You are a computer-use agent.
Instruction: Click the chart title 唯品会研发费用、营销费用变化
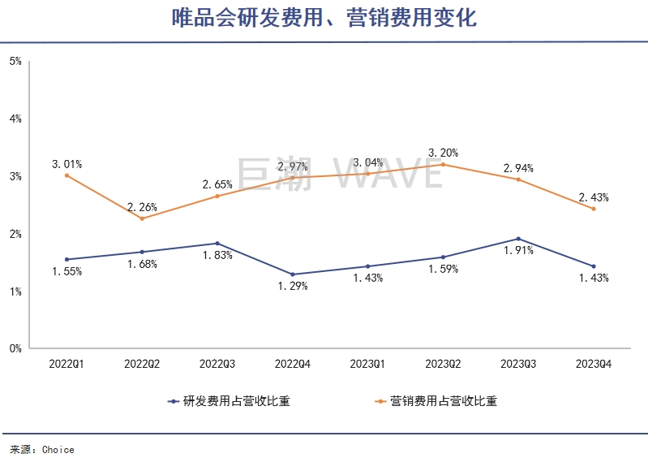(324, 19)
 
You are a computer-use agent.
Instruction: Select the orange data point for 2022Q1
(67, 175)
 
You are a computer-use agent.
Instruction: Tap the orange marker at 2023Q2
(443, 164)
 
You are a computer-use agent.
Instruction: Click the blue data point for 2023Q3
(518, 239)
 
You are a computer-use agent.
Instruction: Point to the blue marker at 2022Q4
(292, 274)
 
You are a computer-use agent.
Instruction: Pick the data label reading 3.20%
(444, 153)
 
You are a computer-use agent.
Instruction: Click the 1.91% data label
(518, 251)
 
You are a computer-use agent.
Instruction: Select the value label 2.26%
(142, 206)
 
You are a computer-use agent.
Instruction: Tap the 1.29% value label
(292, 286)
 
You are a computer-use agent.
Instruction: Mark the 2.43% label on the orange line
(593, 197)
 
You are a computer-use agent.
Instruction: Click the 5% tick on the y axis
(15, 61)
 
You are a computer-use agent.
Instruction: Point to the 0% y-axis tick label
(15, 349)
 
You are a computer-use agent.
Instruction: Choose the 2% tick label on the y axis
(15, 234)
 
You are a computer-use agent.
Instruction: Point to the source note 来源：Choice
(42, 449)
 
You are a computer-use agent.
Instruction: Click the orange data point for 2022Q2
(142, 218)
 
